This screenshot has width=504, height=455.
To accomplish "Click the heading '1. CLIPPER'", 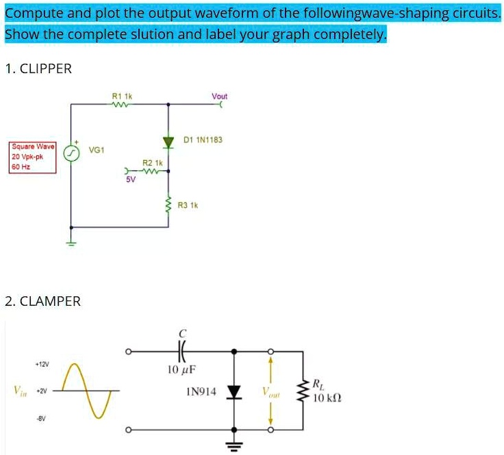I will point(38,68).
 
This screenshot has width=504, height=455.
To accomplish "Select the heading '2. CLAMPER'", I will point(42,301).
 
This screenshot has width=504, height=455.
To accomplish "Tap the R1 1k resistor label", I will point(122,96).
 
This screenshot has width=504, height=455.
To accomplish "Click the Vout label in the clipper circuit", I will point(219,96).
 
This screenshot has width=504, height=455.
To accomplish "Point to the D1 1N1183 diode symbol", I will point(168,142).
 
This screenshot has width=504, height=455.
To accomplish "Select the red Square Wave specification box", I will point(32,157).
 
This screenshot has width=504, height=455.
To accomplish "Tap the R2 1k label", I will point(152,164).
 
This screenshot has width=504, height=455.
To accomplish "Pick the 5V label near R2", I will point(131,180).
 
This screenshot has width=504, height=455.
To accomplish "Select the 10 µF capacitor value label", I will point(181,370).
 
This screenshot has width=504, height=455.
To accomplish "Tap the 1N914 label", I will point(201,392).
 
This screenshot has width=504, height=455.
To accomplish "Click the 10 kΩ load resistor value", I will point(326,398).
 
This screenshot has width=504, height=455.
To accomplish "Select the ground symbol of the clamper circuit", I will point(235,445).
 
